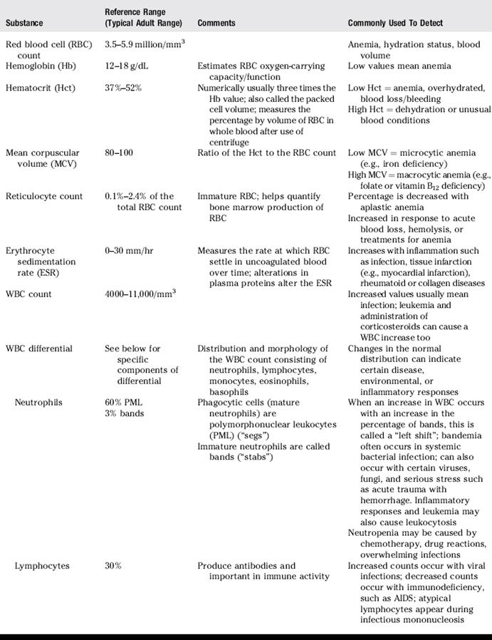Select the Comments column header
coord(216,23)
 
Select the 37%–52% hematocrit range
coord(125,88)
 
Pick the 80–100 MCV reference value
coord(118,153)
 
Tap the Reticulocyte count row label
coord(44,196)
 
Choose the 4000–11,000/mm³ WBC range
coord(140,293)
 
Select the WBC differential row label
coord(39,348)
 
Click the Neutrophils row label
coord(38,402)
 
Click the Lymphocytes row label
coord(42,565)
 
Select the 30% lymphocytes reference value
coord(113,565)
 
